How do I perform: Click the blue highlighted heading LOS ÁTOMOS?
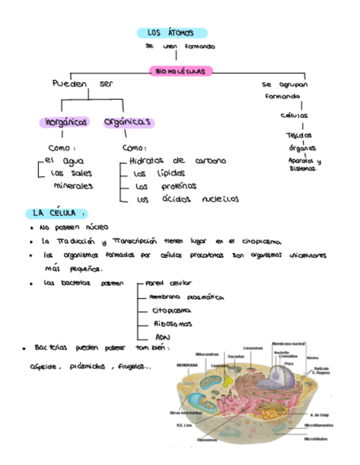point(171,33)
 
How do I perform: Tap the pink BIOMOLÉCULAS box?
point(181,71)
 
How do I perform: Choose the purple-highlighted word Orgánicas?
point(127,122)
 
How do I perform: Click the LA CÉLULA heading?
point(57,213)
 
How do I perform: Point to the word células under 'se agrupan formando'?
point(294,116)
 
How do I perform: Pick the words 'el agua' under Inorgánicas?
point(64,161)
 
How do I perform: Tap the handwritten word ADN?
point(163,337)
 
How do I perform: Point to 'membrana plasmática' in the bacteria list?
point(186,297)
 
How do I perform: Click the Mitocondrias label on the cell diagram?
point(206,354)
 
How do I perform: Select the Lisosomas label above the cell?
point(253,348)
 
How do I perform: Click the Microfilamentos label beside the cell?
point(319,425)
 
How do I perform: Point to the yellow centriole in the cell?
point(226,379)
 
